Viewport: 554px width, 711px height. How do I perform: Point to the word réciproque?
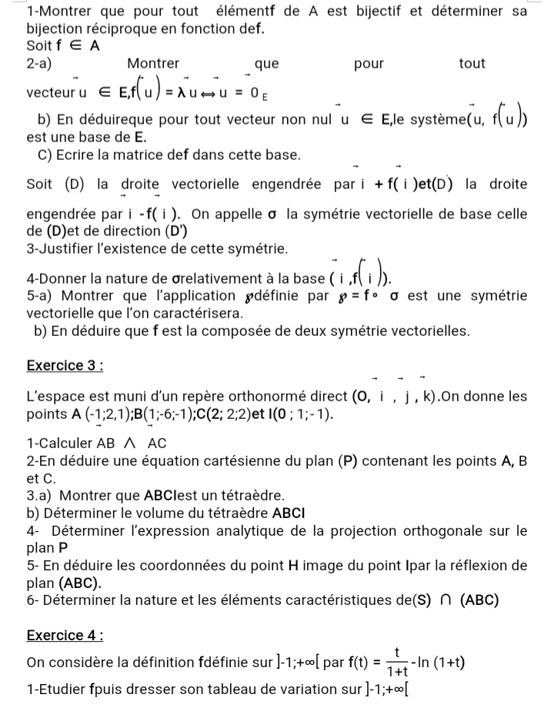(x=118, y=29)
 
